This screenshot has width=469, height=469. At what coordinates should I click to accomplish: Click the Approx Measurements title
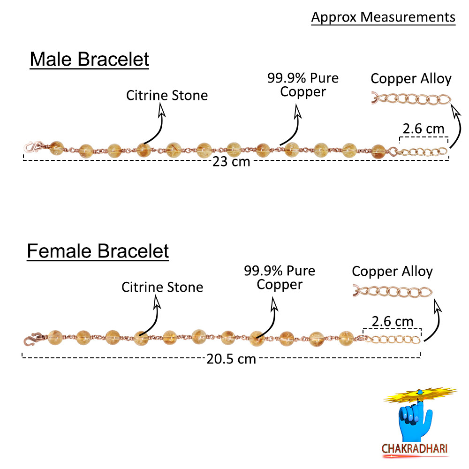tap(383, 17)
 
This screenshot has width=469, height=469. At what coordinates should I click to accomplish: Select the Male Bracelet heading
tap(90, 59)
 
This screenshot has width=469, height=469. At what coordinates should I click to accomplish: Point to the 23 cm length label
tap(231, 161)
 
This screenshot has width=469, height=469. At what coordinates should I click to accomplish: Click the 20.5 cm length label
tap(231, 359)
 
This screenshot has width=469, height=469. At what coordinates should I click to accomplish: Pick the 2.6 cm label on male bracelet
tap(423, 129)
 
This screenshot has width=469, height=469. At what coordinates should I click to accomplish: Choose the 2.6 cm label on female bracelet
tap(393, 322)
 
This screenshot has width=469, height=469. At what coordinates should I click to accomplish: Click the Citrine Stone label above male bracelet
tap(167, 95)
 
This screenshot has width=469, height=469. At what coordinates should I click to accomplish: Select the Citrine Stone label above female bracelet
tap(162, 287)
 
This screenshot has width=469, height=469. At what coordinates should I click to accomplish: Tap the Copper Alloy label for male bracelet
tap(411, 79)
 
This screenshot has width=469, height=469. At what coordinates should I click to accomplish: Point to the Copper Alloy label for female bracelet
tap(392, 272)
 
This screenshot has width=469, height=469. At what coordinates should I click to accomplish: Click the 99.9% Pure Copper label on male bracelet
tap(303, 85)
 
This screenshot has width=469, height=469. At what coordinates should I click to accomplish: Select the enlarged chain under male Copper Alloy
tap(411, 99)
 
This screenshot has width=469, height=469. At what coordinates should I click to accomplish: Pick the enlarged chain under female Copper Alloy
tap(393, 292)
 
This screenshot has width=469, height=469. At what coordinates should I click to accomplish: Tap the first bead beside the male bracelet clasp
tap(56, 148)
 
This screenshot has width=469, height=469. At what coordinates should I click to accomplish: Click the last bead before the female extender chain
tap(346, 339)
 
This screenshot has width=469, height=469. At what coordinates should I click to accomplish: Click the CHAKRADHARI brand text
tap(415, 449)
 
